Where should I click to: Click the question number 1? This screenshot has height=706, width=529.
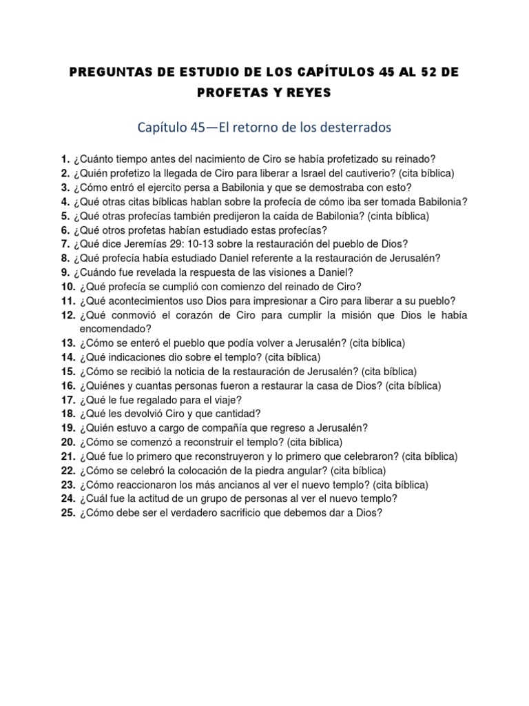coord(65,158)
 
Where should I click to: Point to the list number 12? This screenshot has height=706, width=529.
coord(68,315)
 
